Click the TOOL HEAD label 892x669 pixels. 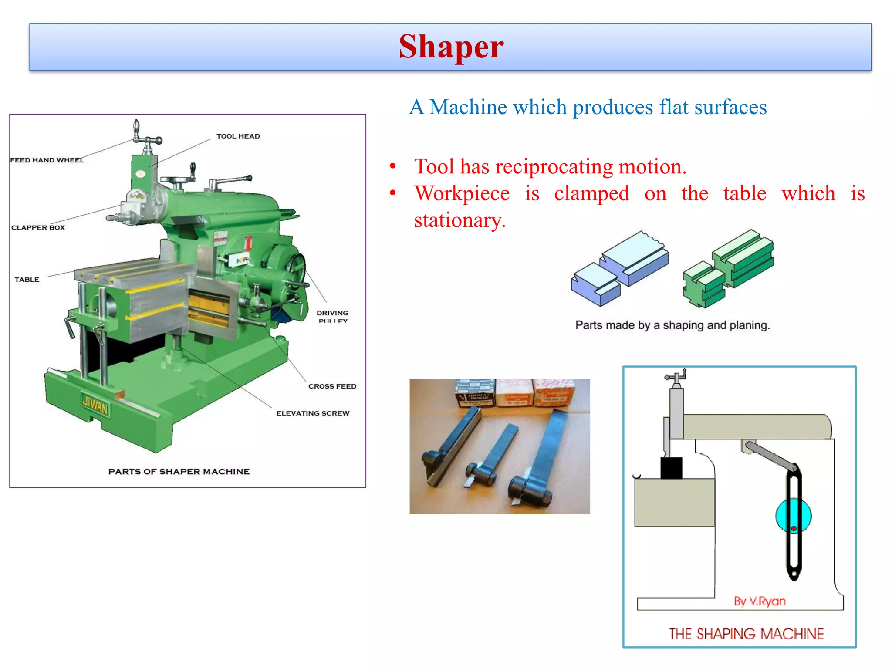(238, 136)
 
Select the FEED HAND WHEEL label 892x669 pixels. (47, 160)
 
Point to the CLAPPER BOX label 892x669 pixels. (38, 227)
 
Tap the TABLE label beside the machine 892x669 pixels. (27, 280)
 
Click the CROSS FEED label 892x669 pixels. (332, 386)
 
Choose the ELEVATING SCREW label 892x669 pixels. (313, 413)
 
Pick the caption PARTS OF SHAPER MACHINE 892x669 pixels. (179, 472)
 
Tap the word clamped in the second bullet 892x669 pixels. (591, 193)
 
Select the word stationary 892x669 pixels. (460, 220)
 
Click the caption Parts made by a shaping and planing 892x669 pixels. (672, 325)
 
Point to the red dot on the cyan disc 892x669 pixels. (794, 528)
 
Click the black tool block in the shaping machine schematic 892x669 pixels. (671, 468)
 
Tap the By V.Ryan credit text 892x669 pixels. (760, 601)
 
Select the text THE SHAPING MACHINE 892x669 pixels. (746, 634)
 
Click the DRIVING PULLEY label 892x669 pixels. (332, 316)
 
